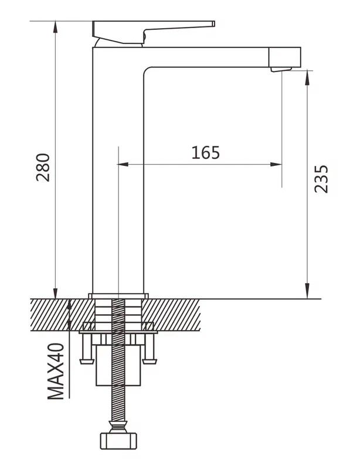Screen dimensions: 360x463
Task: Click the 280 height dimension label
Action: coord(43,167)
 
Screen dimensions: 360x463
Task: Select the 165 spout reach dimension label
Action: coord(206,152)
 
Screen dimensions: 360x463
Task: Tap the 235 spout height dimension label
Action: coord(321,179)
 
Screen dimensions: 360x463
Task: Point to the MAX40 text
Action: coord(56,371)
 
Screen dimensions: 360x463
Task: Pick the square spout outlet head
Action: coord(285,57)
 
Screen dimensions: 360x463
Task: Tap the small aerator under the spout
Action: coord(281,69)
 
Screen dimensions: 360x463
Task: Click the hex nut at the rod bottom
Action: coord(118,441)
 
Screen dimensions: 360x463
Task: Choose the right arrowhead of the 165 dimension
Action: coord(276,164)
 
